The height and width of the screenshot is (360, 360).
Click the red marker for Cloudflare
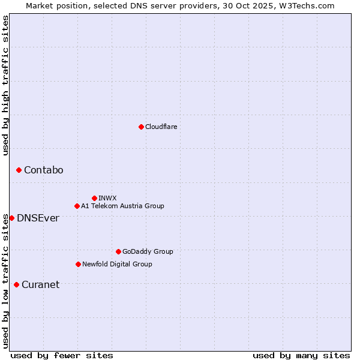click(141, 127)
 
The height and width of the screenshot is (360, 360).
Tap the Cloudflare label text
click(161, 127)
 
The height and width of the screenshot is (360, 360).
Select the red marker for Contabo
click(19, 170)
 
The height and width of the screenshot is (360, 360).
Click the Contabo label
click(43, 170)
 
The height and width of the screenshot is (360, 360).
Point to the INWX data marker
click(94, 198)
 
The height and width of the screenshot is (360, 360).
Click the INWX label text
click(107, 198)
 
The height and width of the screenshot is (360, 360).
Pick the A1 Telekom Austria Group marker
click(77, 206)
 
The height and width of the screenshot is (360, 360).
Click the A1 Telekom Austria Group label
click(122, 206)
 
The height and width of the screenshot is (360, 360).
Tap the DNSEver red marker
click(11, 218)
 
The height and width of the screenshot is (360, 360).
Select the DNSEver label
click(38, 218)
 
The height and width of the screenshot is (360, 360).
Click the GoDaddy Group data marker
click(118, 251)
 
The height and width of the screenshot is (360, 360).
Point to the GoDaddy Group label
click(148, 251)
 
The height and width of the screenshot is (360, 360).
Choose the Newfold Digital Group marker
click(78, 264)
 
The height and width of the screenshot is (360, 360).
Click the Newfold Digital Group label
click(117, 264)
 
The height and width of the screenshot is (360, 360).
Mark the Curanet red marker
click(16, 284)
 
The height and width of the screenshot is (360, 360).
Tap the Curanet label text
click(40, 285)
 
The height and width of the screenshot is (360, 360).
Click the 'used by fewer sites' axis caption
click(62, 355)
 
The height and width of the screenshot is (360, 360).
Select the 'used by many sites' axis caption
click(301, 355)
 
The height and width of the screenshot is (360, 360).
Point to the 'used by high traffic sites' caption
click(5, 85)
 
